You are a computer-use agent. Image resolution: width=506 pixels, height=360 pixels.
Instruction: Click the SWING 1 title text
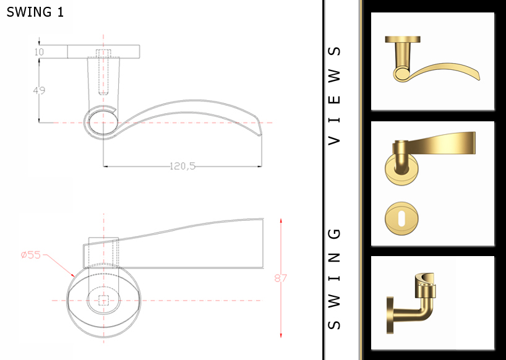click(x=35, y=12)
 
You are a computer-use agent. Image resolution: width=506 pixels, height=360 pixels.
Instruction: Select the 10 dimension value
click(x=39, y=52)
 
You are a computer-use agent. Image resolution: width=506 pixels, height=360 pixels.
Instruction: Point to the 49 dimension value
click(x=39, y=90)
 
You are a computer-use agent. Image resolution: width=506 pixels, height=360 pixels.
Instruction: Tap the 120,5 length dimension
click(x=182, y=166)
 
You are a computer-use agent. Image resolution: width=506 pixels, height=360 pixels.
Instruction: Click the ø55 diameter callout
click(x=30, y=255)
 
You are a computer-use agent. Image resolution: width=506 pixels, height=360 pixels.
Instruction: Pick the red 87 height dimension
click(x=281, y=278)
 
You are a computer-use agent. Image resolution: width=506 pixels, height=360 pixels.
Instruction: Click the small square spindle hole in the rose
click(x=104, y=301)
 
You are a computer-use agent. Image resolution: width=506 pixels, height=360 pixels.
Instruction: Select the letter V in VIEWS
click(x=335, y=139)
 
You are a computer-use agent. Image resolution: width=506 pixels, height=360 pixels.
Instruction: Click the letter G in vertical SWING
click(x=335, y=234)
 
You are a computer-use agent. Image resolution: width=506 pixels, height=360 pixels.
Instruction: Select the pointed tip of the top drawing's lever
click(x=260, y=135)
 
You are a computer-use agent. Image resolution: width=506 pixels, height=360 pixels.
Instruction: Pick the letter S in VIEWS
click(x=335, y=51)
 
